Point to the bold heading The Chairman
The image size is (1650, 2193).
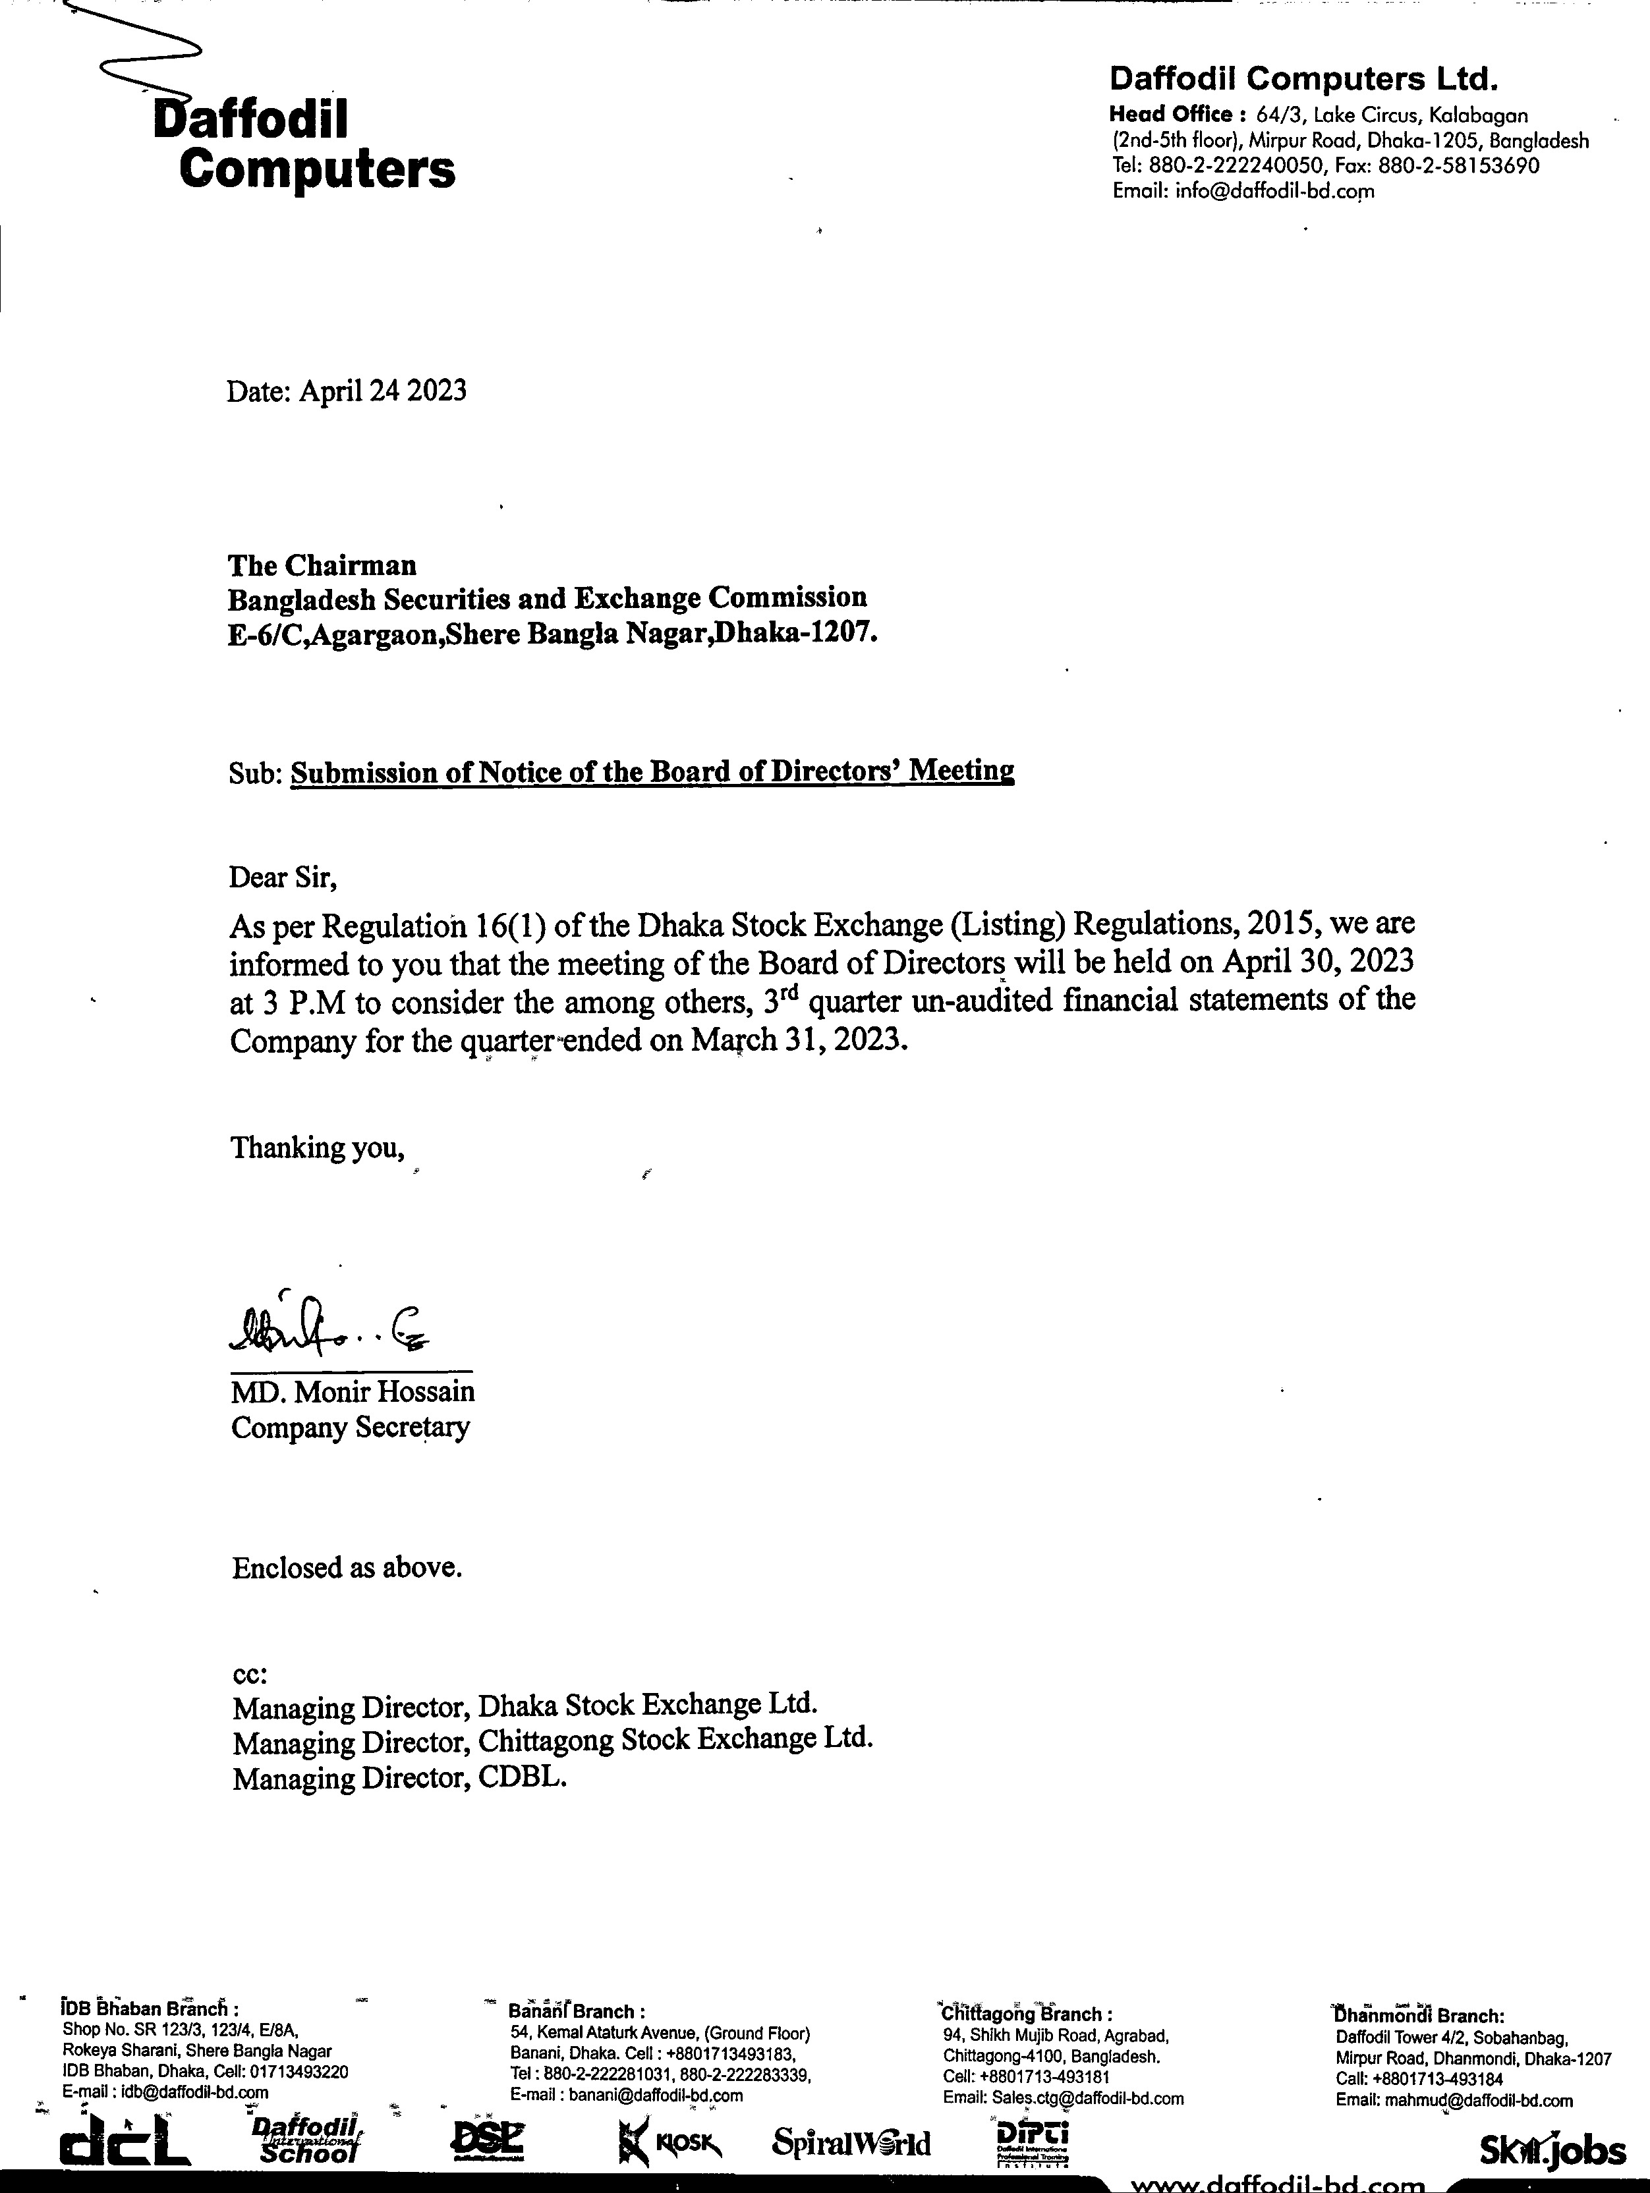[322, 565]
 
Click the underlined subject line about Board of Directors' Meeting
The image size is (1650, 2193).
[652, 771]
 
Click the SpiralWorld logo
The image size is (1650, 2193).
[851, 2144]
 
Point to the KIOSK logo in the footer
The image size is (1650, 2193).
[669, 2144]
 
